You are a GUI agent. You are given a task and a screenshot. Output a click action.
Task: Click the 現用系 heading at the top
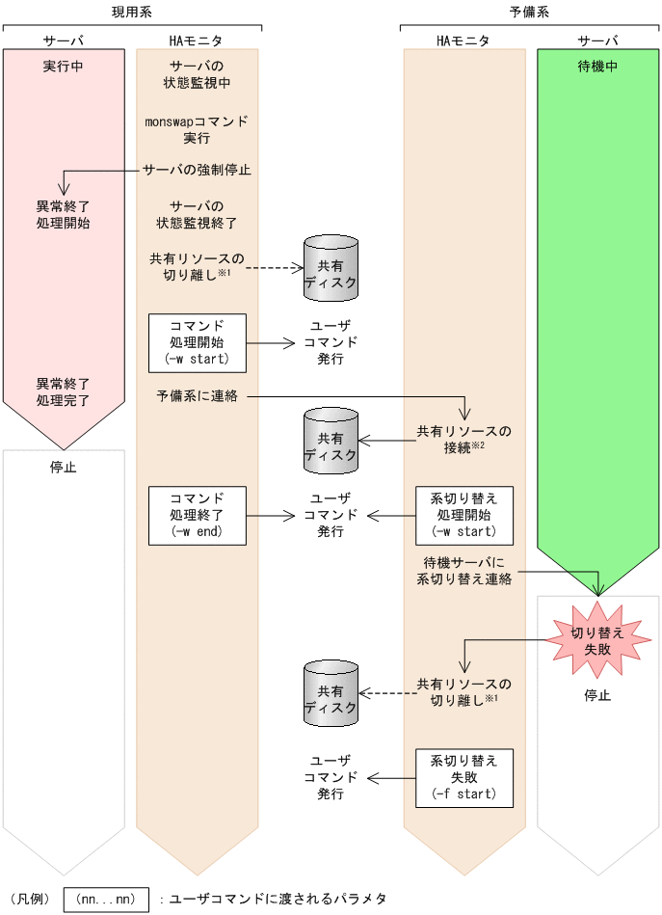[x=131, y=12]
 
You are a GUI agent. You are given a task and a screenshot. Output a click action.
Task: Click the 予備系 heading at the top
[x=529, y=12]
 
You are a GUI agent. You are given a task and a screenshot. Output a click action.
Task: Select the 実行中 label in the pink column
[x=64, y=67]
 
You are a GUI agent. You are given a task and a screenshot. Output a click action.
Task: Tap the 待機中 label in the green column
[x=597, y=67]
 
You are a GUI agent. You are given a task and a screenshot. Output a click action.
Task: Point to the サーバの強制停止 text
[x=198, y=170]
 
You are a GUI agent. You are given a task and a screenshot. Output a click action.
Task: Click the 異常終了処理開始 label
[x=64, y=214]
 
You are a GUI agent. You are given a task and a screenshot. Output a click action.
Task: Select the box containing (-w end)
[x=197, y=515]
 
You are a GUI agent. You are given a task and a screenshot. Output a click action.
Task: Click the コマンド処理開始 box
[x=197, y=342]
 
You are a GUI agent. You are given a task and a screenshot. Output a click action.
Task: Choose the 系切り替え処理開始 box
[x=463, y=515]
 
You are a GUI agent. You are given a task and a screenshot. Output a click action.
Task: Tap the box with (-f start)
[x=463, y=777]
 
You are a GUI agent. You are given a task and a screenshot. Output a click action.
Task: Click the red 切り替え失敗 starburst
[x=597, y=641]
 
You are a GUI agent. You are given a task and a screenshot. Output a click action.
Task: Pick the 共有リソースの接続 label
[x=463, y=439]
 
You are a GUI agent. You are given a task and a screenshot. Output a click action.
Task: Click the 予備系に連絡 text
[x=197, y=396]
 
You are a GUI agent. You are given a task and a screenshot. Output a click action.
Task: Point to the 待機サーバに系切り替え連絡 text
[x=463, y=572]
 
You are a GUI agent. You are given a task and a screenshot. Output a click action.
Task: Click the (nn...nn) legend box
[x=106, y=899]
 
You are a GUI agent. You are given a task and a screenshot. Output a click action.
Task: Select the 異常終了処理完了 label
[x=64, y=390]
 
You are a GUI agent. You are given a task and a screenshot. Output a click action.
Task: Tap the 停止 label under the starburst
[x=597, y=695]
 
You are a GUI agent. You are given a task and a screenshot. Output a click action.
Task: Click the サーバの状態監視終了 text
[x=197, y=214]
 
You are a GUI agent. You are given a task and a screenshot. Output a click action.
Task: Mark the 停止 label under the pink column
[x=64, y=468]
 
